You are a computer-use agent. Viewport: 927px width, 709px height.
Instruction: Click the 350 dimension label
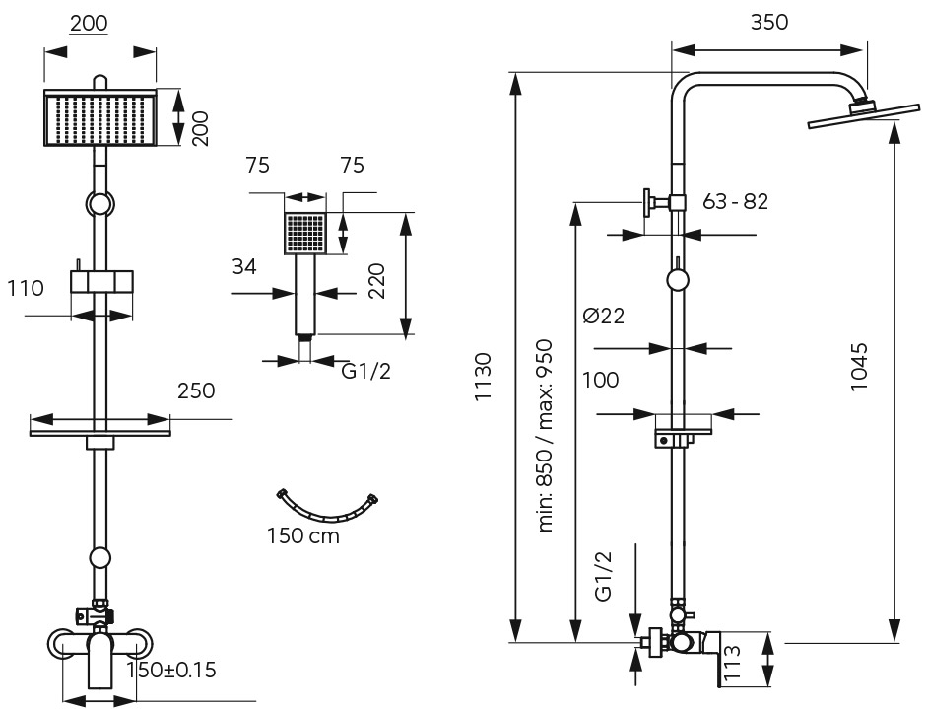(x=769, y=22)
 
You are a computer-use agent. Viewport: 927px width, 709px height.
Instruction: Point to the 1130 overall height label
(x=483, y=377)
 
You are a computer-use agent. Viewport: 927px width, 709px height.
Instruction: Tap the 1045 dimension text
(x=858, y=366)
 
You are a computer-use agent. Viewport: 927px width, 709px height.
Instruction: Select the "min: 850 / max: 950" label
(x=545, y=436)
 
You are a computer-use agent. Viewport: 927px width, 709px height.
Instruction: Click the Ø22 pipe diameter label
(x=604, y=316)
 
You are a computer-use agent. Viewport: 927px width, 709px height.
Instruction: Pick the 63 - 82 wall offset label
(x=736, y=201)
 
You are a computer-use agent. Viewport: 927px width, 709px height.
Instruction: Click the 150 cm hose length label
(x=303, y=535)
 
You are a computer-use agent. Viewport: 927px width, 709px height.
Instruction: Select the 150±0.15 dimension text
(x=171, y=670)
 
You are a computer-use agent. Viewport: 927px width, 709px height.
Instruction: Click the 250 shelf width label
(x=196, y=390)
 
